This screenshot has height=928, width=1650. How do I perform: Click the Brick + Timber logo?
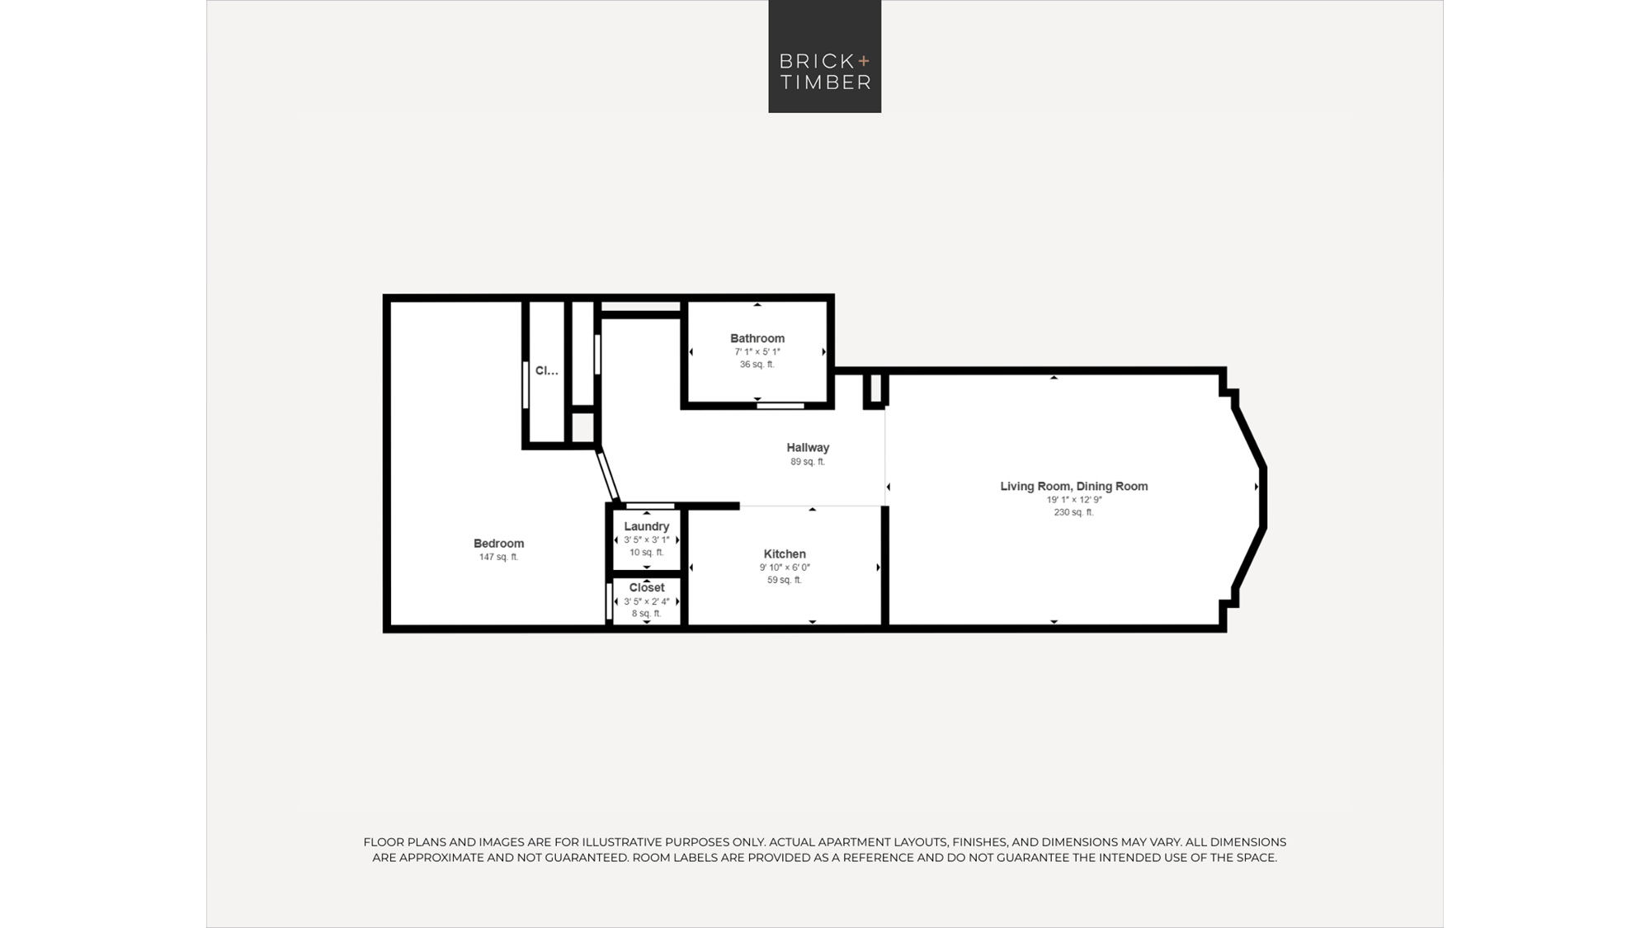825,56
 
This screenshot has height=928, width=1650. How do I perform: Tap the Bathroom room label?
757,338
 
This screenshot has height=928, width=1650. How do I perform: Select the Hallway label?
808,448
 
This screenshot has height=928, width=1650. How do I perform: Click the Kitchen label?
785,554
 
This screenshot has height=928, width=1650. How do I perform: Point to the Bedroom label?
498,544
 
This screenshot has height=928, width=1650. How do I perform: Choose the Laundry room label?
647,526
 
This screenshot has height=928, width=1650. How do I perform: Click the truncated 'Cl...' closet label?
547,371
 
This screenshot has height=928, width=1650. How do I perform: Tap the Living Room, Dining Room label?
1074,487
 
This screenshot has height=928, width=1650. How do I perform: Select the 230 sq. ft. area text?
1073,512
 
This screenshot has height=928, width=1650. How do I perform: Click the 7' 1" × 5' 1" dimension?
757,352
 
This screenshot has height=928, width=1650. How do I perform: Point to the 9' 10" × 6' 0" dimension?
785,568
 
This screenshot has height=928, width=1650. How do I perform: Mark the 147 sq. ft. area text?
498,557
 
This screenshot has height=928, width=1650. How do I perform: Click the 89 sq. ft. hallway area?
808,462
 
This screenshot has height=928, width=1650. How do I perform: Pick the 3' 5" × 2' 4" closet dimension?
647,601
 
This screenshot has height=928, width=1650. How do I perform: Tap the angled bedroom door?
608,475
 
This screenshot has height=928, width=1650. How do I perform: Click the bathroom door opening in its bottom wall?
780,406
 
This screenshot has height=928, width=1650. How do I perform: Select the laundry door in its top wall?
650,506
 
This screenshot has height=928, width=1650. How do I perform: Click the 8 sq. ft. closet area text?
647,614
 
